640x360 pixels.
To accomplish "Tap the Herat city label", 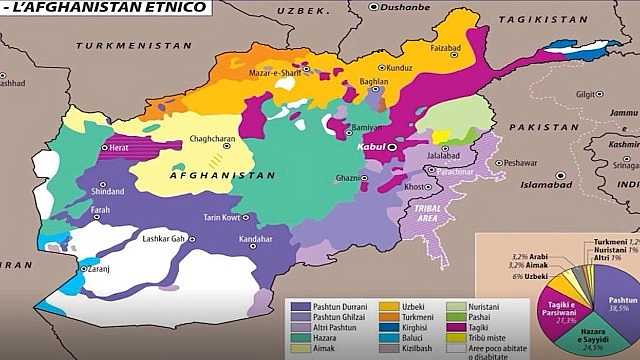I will pos(120,147).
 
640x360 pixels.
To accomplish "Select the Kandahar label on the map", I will pos(256,240).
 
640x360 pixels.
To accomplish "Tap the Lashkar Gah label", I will pos(166,238).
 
